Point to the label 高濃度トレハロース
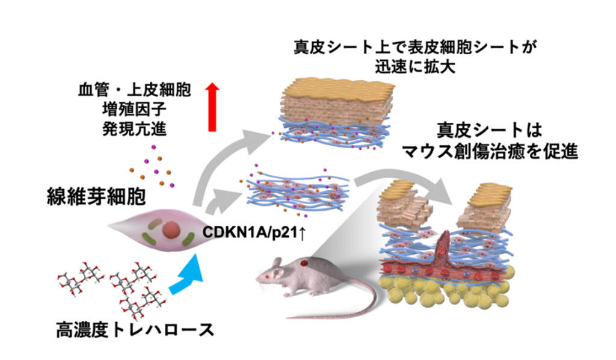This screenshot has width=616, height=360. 134,331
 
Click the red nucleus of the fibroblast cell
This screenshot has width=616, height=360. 171,229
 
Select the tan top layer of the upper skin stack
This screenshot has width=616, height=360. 337,90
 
